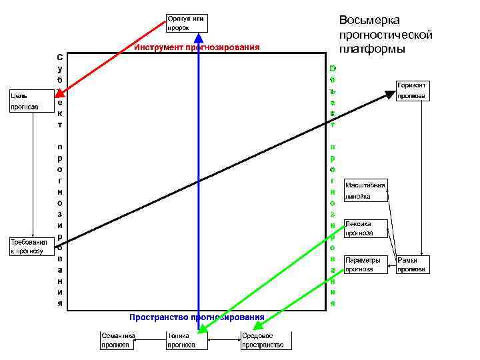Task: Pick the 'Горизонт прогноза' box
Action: tap(413, 91)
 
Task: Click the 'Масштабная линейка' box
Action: tap(366, 190)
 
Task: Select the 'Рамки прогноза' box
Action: tap(413, 265)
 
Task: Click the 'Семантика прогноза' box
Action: tap(117, 341)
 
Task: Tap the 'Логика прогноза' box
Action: tap(185, 341)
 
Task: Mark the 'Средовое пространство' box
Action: tap(265, 341)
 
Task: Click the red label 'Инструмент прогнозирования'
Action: tap(197, 47)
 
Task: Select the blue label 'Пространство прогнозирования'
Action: tap(197, 317)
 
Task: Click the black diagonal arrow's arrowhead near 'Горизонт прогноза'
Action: tap(389, 94)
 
